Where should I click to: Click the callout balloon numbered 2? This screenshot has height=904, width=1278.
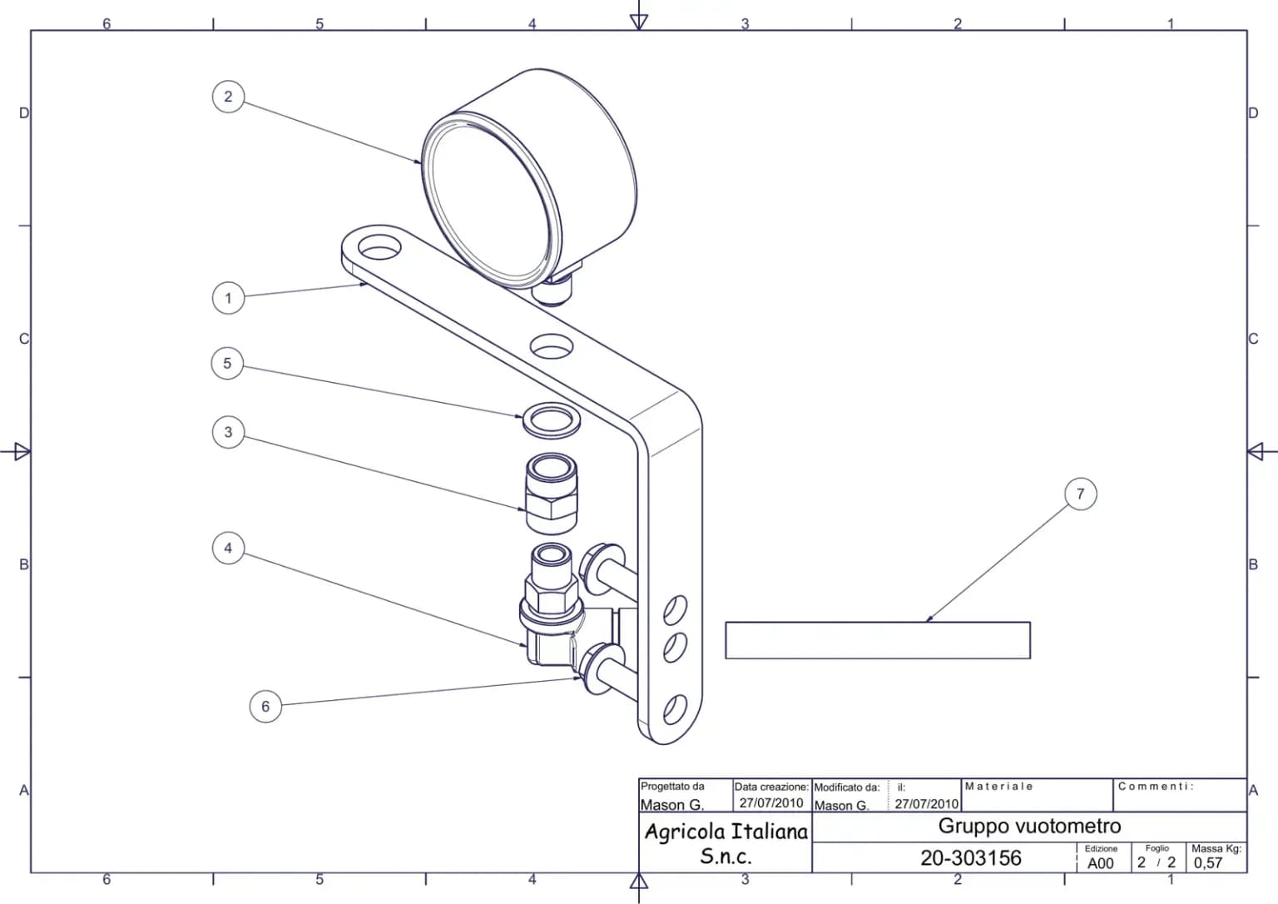click(x=228, y=97)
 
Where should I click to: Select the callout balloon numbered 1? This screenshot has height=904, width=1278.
click(x=228, y=298)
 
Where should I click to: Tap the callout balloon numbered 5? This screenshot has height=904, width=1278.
click(x=227, y=363)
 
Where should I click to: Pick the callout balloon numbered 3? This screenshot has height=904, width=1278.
click(x=228, y=432)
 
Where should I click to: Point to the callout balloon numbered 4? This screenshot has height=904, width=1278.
click(x=228, y=548)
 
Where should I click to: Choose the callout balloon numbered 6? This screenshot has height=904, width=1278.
click(x=265, y=706)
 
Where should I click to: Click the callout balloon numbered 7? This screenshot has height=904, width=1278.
click(x=1080, y=494)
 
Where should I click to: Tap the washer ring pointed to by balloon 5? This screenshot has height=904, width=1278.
click(x=551, y=420)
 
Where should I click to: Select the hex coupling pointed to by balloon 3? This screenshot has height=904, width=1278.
click(x=551, y=494)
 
